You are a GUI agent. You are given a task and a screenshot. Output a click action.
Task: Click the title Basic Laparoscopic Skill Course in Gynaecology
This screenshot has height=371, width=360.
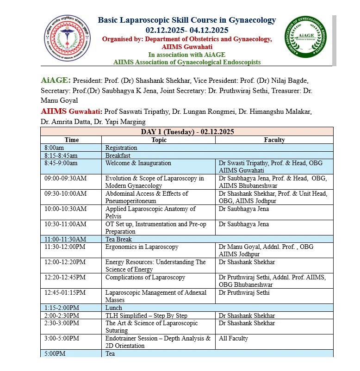187,20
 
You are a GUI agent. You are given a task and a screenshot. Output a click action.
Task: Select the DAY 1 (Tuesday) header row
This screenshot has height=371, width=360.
187,132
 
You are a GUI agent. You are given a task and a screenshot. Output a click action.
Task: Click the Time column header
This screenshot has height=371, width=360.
71,140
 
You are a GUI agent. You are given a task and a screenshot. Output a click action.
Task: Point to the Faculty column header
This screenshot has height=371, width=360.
274,140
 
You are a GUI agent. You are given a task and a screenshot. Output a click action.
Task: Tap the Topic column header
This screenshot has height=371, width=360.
159,140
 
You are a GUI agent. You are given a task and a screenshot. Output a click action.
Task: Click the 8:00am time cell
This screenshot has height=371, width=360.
54,148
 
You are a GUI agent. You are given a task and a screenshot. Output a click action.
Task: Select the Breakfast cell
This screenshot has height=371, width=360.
118,155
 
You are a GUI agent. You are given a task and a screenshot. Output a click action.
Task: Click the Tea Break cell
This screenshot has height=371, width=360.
118,239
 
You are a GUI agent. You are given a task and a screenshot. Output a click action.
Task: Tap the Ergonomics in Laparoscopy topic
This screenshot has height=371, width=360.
142,247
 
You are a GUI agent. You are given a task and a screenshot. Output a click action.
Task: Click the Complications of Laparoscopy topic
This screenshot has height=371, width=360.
145,278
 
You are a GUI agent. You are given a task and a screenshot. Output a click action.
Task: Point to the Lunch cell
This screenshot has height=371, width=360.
114,308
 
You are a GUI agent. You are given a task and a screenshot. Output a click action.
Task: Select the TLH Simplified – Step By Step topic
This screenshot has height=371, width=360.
146,315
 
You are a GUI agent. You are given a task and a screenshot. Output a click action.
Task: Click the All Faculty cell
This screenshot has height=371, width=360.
234,338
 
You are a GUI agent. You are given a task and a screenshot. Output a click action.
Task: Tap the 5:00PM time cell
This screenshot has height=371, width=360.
55,353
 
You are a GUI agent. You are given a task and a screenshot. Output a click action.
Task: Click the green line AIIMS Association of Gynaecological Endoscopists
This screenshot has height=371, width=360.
187,62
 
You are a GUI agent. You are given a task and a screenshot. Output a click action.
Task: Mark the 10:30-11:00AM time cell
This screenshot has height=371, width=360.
65,224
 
